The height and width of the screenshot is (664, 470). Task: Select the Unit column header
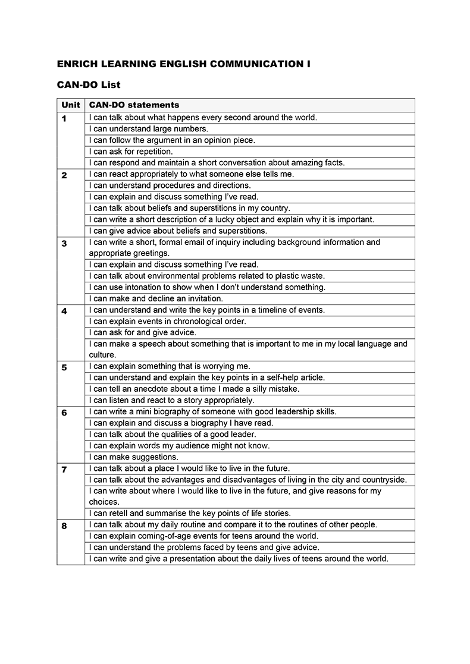(71, 105)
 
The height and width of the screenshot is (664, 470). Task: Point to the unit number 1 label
(64, 118)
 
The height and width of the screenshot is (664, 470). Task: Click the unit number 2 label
(64, 175)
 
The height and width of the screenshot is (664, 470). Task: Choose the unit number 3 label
(64, 243)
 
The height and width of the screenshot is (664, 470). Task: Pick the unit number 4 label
(64, 311)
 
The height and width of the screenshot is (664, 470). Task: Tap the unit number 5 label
(64, 367)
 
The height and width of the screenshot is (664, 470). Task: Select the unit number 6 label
(64, 413)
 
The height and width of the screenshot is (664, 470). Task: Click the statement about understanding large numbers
(148, 129)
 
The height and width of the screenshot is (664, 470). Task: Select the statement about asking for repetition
(131, 152)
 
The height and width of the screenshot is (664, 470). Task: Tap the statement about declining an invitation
(156, 298)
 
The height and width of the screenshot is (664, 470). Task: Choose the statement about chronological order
(167, 321)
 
